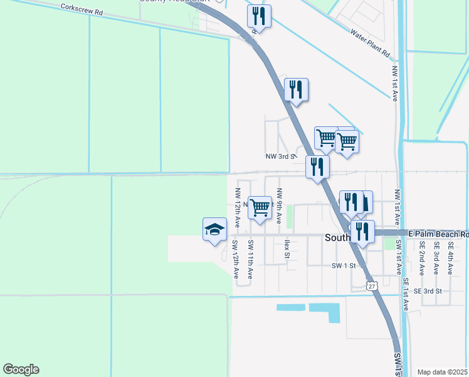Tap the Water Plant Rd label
pyautogui.click(x=371, y=43)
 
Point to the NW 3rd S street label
pyautogui.click(x=280, y=156)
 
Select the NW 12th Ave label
pyautogui.click(x=238, y=207)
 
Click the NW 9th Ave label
pyautogui.click(x=279, y=206)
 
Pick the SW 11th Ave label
pyautogui.click(x=250, y=260)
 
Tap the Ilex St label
pyautogui.click(x=287, y=249)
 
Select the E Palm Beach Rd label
pyautogui.click(x=438, y=234)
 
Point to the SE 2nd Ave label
pyautogui.click(x=423, y=259)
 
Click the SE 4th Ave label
pyautogui.click(x=450, y=259)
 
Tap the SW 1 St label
pyautogui.click(x=344, y=266)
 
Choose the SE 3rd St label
pyautogui.click(x=428, y=291)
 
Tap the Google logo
pyautogui.click(x=21, y=369)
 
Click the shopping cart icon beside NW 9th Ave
pyautogui.click(x=260, y=206)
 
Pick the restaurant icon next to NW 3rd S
pyautogui.click(x=317, y=167)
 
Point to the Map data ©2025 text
pyautogui.click(x=443, y=372)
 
